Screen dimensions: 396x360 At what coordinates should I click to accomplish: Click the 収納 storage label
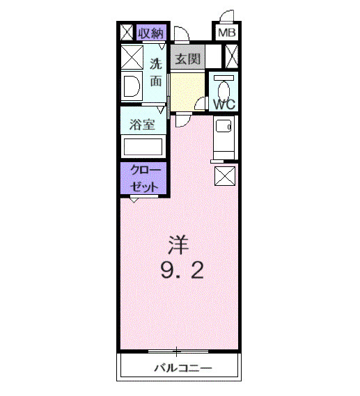tap(150, 32)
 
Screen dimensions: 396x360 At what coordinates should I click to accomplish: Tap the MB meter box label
tap(227, 33)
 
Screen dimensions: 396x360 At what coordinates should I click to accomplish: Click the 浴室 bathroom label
tap(143, 125)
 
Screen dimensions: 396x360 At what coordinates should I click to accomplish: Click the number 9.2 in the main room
tap(182, 269)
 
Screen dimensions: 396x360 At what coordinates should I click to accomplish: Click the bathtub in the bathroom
tap(142, 147)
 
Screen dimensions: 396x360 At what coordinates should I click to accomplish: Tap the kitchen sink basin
tap(223, 127)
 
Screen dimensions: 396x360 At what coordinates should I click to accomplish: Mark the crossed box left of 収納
tap(127, 32)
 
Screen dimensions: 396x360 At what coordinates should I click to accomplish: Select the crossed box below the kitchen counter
tap(224, 176)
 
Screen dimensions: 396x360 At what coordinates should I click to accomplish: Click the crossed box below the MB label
tap(232, 56)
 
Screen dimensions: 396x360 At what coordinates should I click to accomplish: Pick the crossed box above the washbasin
tap(131, 56)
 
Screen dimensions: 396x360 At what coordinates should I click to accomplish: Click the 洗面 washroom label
tap(155, 72)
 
